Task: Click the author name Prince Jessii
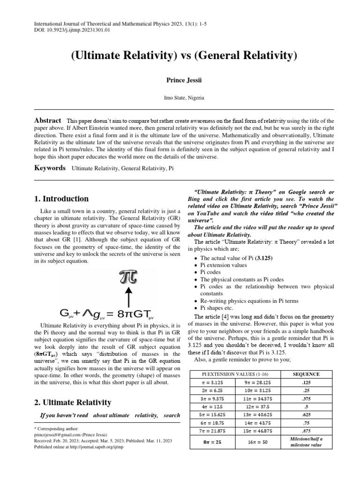(180, 81)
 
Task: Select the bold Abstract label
(48, 120)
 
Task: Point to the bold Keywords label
(50, 168)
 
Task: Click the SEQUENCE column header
(306, 374)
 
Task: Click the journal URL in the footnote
(96, 447)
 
